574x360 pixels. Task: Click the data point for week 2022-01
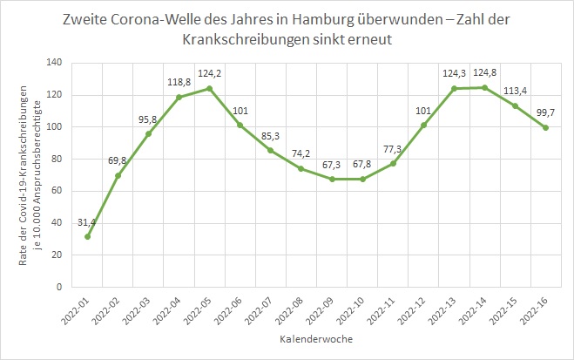(86, 236)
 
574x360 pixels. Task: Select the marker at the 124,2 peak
(209, 88)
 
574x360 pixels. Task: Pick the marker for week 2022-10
(362, 179)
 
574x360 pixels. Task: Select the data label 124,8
(486, 71)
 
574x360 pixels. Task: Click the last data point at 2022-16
(546, 127)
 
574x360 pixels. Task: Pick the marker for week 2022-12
(424, 125)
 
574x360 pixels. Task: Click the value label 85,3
(269, 135)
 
